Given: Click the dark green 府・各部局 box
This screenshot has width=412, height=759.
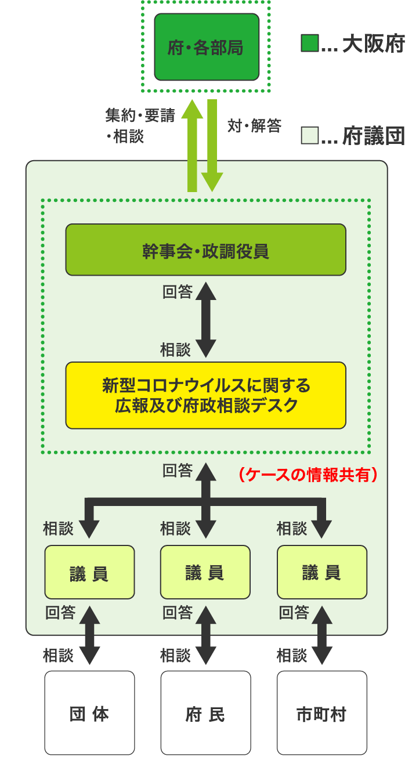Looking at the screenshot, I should pos(207,47).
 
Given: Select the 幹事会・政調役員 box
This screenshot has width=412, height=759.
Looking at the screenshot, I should pos(205,250).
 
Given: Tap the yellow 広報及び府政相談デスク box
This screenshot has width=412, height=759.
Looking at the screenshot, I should pos(205,395).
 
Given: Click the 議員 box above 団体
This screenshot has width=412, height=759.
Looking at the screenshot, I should pos(89,572).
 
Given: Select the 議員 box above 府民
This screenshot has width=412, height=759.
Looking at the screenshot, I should pos(205,572).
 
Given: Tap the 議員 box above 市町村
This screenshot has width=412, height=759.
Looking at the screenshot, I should pos(321,572).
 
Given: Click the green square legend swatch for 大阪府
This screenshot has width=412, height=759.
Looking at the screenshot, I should pos(309,44).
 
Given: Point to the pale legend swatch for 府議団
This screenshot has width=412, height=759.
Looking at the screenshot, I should pos(309,136).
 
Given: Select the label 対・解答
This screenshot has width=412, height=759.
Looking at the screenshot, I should pos(254,125).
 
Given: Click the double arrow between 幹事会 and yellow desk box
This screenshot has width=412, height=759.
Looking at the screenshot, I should pos(205,319).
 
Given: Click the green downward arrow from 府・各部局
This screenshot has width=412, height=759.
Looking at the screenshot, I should pos(212,145).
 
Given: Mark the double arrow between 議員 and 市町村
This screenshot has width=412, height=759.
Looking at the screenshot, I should pos(321,635).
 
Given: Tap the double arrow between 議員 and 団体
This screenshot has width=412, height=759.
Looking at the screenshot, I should pos(89,635).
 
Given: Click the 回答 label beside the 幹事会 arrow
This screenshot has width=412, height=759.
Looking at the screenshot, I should pos(177,291).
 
